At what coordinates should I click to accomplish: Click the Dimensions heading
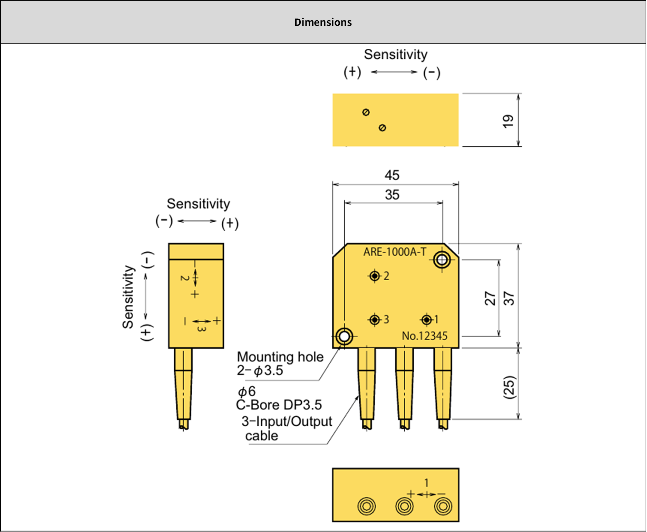coord(323,22)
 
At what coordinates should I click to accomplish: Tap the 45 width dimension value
coord(392,175)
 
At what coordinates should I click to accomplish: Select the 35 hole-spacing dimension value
coord(392,195)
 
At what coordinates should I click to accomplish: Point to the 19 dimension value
coord(508,121)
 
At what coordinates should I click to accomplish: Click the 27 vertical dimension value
coord(490,298)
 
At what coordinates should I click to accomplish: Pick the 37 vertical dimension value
coord(509,298)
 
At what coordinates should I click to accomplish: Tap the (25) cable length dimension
coord(509,387)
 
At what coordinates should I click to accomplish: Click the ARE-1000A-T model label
coord(395,252)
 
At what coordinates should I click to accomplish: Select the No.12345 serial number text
coord(424,336)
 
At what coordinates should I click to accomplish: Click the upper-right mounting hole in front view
coord(442,260)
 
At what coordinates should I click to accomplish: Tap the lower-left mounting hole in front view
coord(344,336)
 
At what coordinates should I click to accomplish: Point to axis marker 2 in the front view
coord(375,276)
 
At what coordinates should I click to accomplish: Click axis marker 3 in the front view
coord(375,320)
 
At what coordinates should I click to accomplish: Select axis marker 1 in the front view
coord(427,320)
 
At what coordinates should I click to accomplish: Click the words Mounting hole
coord(280,357)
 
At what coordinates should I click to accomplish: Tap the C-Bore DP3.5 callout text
coord(279,405)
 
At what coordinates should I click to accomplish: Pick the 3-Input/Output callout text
coord(287,422)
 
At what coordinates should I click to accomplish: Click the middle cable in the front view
coord(404,387)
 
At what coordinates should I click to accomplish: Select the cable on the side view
coord(183,387)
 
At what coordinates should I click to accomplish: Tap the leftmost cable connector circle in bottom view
coord(366,506)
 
